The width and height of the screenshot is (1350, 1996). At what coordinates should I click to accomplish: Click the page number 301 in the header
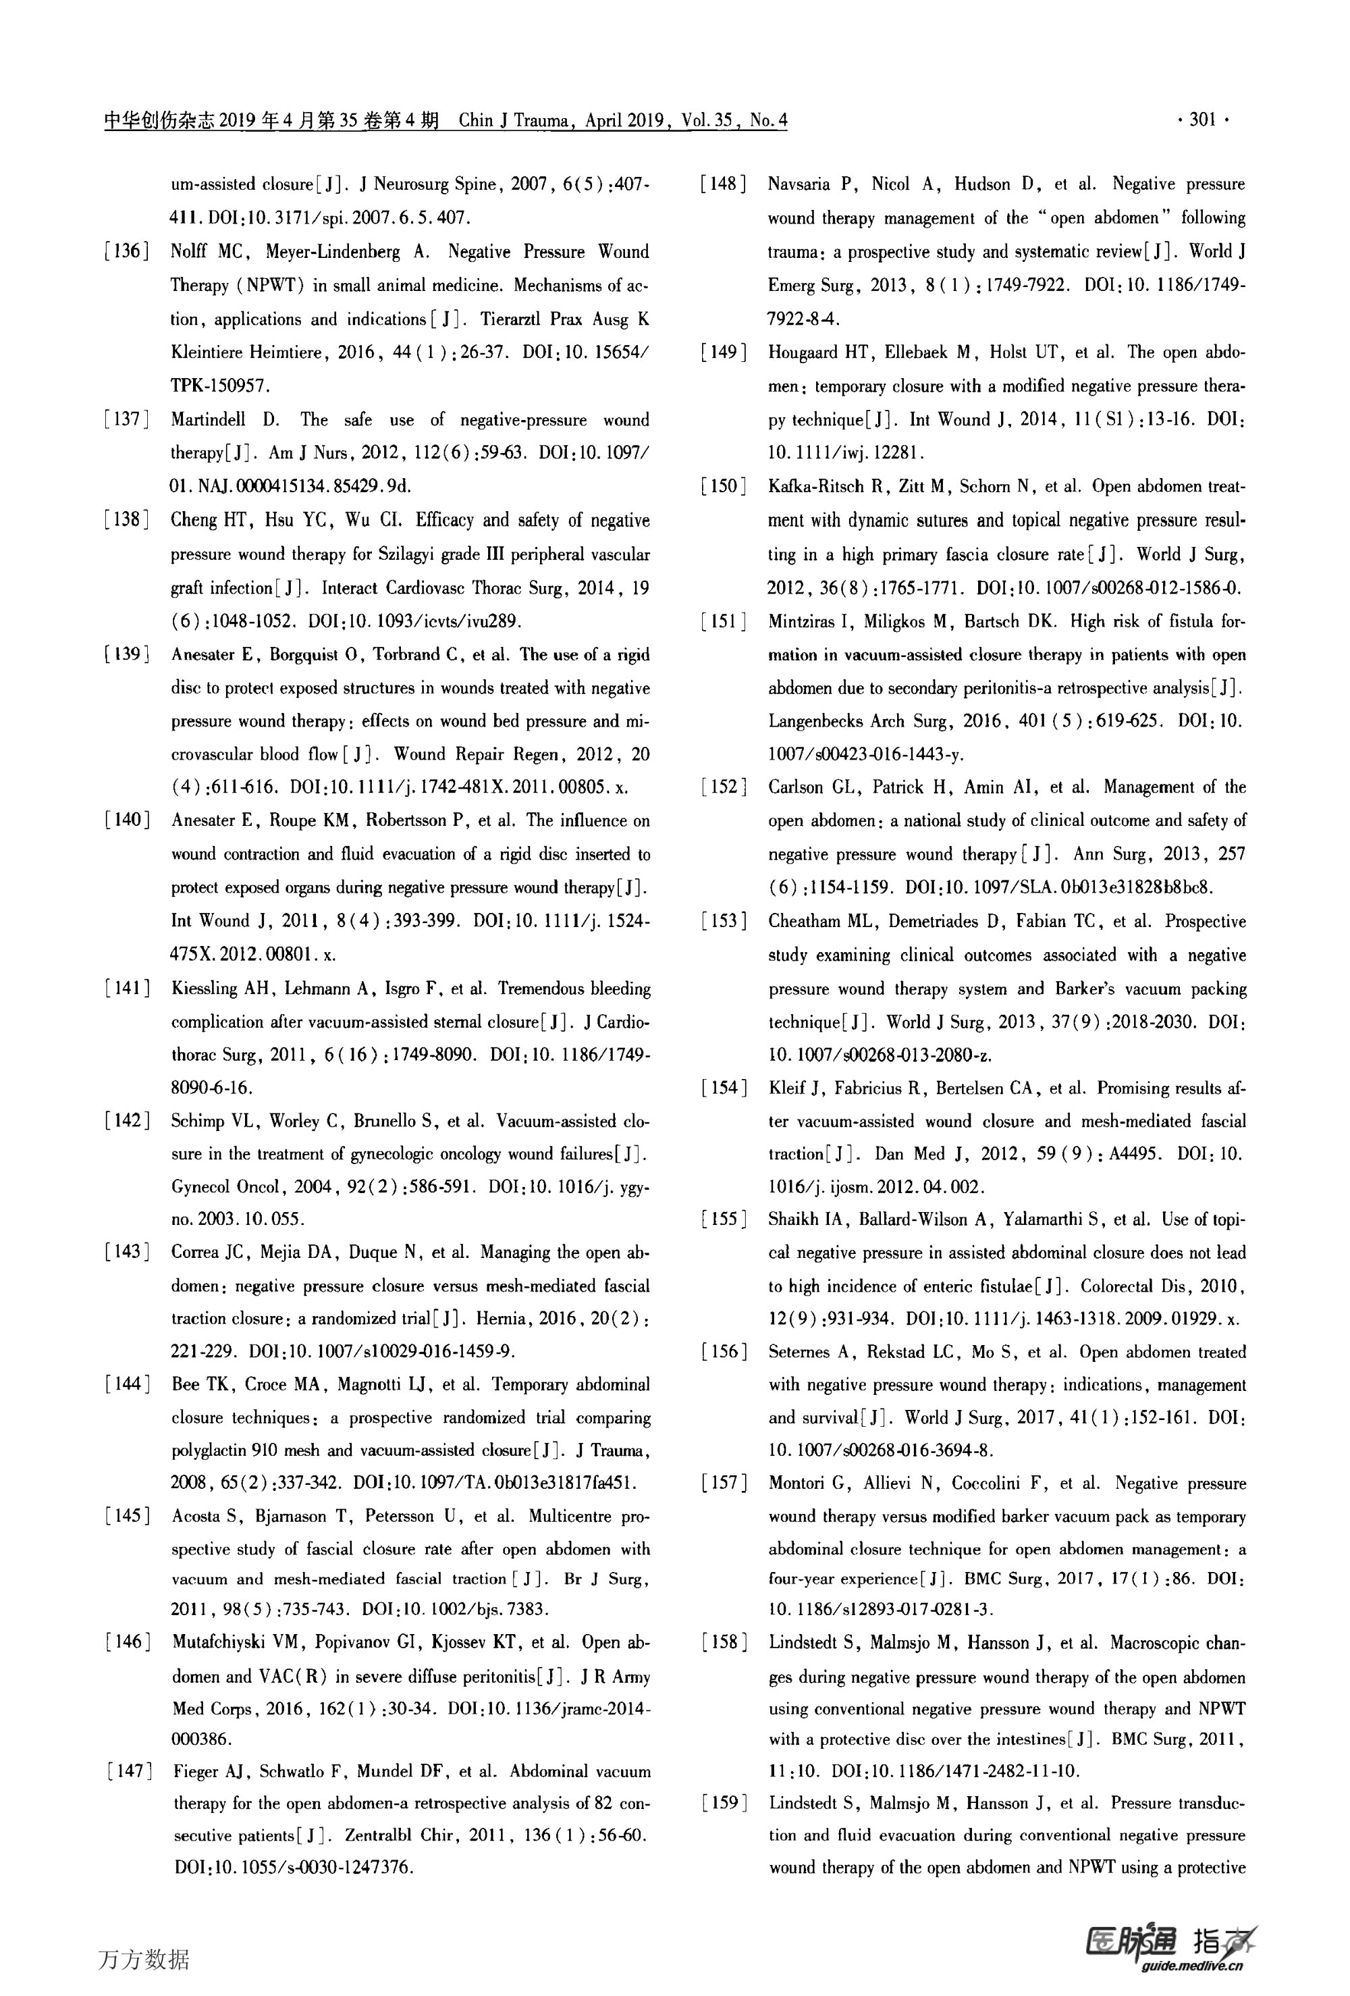click(x=1202, y=120)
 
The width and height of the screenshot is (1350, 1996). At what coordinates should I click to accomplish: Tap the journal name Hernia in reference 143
click(x=498, y=1318)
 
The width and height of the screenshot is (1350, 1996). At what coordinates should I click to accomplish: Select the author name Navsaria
click(x=799, y=184)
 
